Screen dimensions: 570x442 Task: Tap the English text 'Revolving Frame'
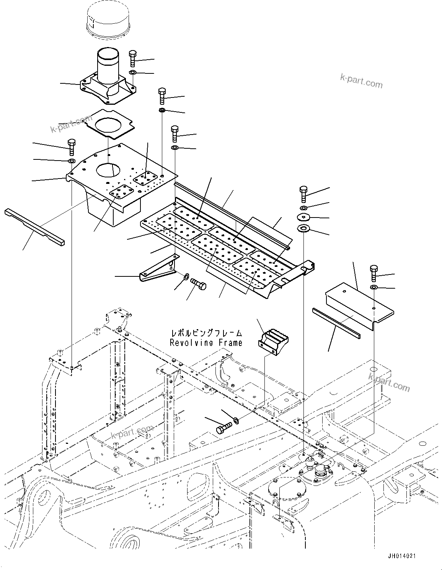206,343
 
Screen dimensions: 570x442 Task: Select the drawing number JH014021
401,556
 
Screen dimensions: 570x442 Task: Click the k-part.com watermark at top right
361,81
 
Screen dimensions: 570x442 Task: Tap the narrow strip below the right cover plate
336,318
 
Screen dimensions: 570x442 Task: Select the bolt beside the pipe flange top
132,58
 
